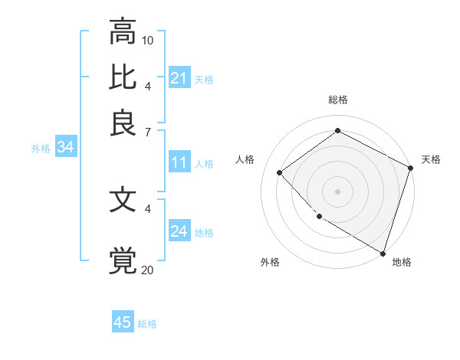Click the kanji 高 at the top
123,33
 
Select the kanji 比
123,77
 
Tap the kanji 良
123,123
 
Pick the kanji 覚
123,260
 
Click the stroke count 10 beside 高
149,40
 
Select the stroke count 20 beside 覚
148,269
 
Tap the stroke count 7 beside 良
148,133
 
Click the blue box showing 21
179,78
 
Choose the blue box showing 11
179,162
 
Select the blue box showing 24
179,231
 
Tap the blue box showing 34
65,148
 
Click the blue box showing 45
123,322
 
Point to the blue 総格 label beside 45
148,324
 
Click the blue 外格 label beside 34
41,149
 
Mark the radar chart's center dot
337,191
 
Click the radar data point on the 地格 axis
383,253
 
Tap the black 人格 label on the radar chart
245,159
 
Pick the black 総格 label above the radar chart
337,100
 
